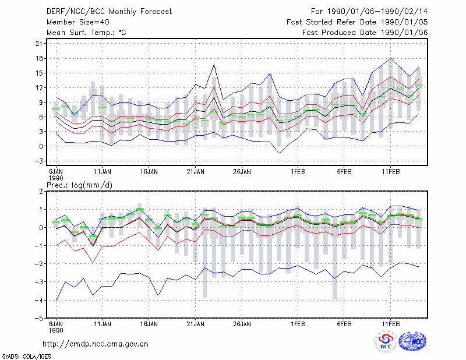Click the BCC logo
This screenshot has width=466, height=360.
(x=386, y=341)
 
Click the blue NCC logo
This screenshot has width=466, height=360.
(x=412, y=341)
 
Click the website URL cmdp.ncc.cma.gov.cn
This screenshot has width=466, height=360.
(x=96, y=344)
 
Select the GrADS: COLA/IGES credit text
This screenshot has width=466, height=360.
(x=26, y=357)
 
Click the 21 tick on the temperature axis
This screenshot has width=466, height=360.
(x=38, y=44)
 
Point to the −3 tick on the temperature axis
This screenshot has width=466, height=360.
(x=38, y=161)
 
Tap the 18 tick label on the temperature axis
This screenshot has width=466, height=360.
(x=38, y=58)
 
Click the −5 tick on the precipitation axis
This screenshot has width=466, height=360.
(x=38, y=318)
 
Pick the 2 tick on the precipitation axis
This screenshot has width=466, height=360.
(x=41, y=192)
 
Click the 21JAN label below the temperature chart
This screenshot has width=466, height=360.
(x=195, y=172)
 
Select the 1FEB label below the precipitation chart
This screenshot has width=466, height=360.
(x=298, y=324)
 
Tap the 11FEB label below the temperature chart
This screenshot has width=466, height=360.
(x=390, y=172)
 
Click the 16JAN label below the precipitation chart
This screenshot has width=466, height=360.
(x=149, y=324)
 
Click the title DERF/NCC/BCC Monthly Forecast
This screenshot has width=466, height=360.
(x=109, y=12)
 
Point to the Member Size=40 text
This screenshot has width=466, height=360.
(x=78, y=22)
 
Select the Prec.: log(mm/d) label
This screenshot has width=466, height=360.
(x=79, y=185)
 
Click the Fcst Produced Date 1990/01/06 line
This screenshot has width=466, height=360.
(x=365, y=33)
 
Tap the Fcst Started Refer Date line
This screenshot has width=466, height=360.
(x=357, y=22)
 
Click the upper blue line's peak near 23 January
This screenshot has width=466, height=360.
(x=214, y=64)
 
